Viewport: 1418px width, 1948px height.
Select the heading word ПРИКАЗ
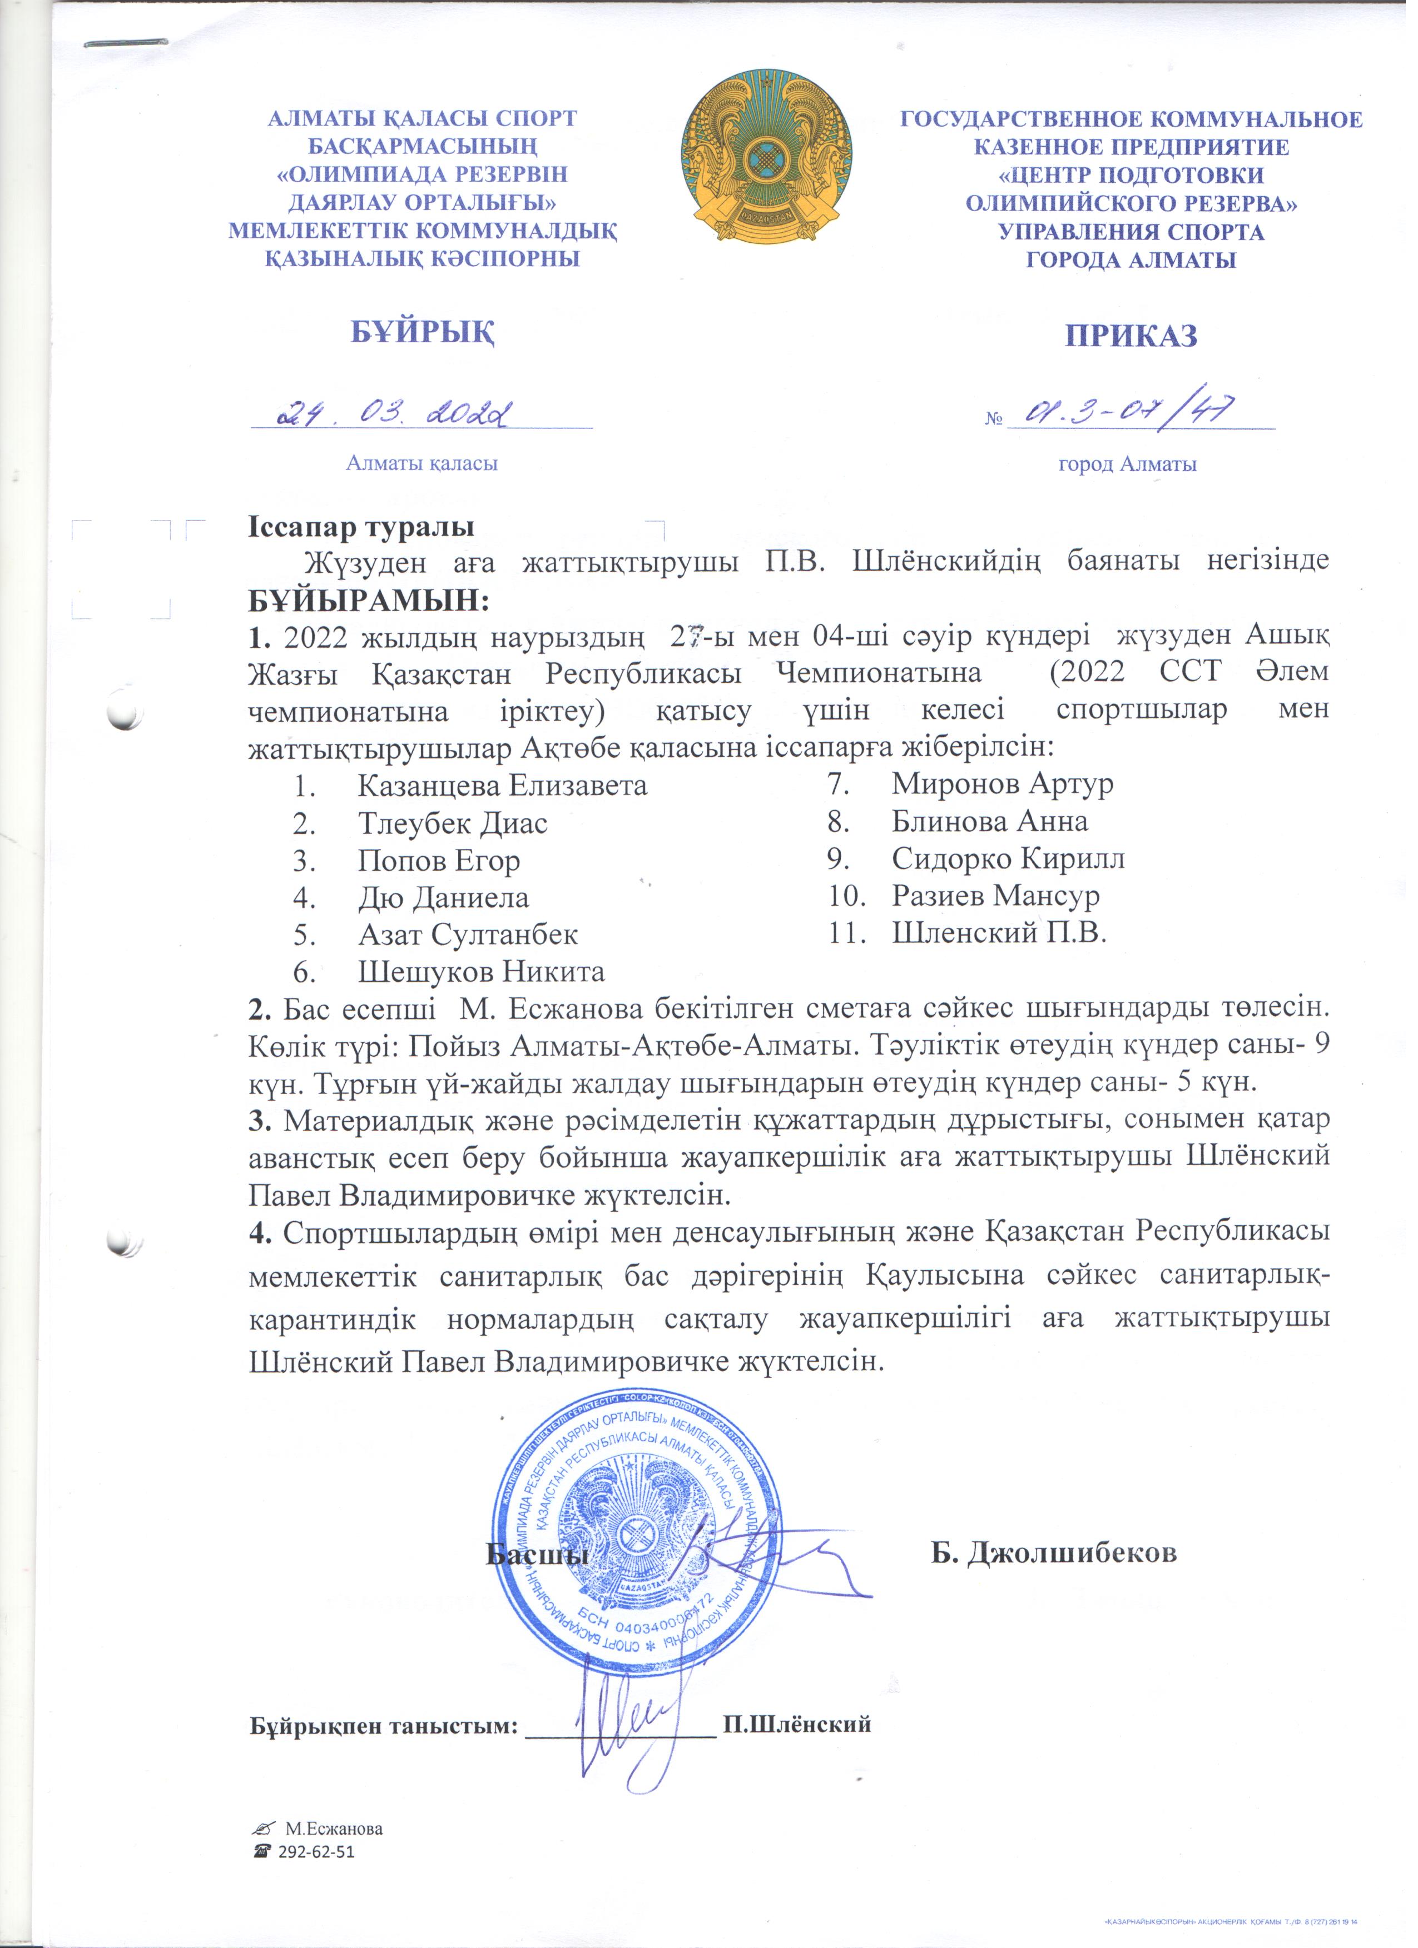pos(1131,335)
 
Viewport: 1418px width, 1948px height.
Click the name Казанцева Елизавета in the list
pos(502,785)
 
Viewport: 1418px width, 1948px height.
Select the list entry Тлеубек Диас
pos(452,823)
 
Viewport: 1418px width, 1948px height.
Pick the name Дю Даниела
pos(443,897)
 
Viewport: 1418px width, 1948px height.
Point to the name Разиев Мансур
pos(995,896)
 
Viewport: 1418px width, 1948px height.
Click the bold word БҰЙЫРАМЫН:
pos(369,600)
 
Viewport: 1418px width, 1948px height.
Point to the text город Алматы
pos(1127,464)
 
